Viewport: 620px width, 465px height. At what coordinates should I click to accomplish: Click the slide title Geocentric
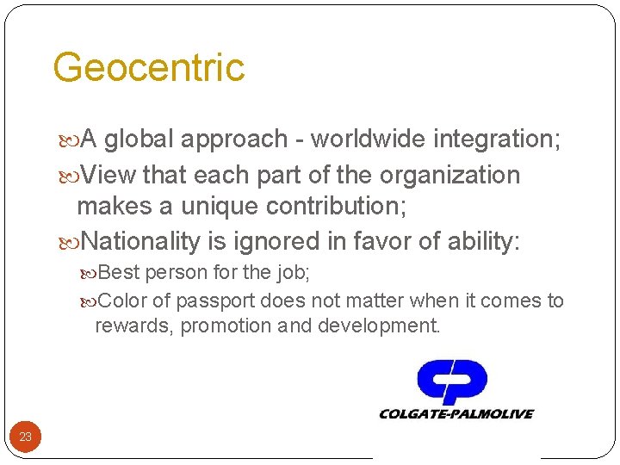[148, 67]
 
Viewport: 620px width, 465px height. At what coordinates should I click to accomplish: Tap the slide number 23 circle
[26, 437]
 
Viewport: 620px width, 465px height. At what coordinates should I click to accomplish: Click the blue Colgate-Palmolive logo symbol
[452, 382]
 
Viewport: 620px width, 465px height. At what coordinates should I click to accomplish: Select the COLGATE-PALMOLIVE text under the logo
[456, 414]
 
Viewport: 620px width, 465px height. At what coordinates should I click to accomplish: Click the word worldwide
[368, 139]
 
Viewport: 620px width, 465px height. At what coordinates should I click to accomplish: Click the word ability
[483, 242]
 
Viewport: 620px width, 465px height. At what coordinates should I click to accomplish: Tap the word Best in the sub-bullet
[120, 273]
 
